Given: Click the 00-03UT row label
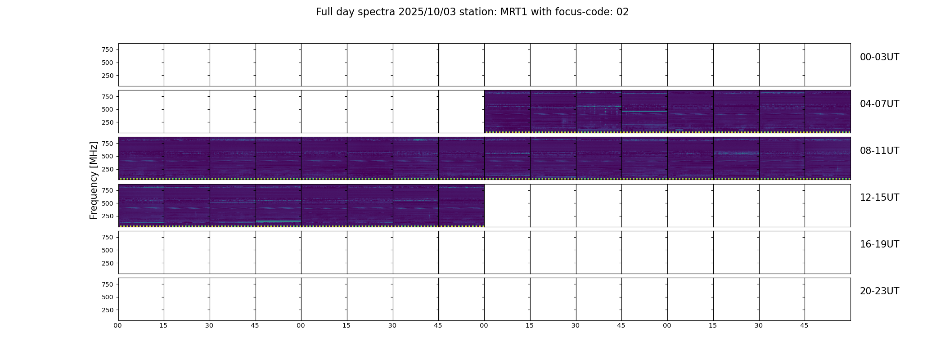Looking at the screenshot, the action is [x=879, y=57].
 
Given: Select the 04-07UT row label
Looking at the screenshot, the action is [x=879, y=104].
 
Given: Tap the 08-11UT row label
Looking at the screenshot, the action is [x=879, y=151].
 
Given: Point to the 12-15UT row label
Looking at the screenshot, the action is [x=879, y=198].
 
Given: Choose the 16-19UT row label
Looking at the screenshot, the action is [x=879, y=244].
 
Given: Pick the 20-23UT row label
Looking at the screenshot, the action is [x=879, y=291].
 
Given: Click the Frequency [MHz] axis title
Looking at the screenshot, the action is [x=94, y=180].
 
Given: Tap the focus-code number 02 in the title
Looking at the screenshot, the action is [x=622, y=12].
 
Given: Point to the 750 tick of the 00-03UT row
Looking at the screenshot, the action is [x=108, y=49].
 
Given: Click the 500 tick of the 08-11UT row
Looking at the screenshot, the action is [x=108, y=156].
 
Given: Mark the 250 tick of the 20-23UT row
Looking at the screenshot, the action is [x=108, y=310].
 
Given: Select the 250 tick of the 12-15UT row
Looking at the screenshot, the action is [x=108, y=216].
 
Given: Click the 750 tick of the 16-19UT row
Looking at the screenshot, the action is [x=108, y=237].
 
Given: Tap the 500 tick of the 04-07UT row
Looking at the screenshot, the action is [x=108, y=109].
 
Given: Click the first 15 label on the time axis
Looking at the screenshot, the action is [x=163, y=325].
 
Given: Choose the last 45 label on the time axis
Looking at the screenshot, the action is [x=804, y=325].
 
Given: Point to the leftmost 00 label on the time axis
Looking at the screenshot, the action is [x=117, y=325].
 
